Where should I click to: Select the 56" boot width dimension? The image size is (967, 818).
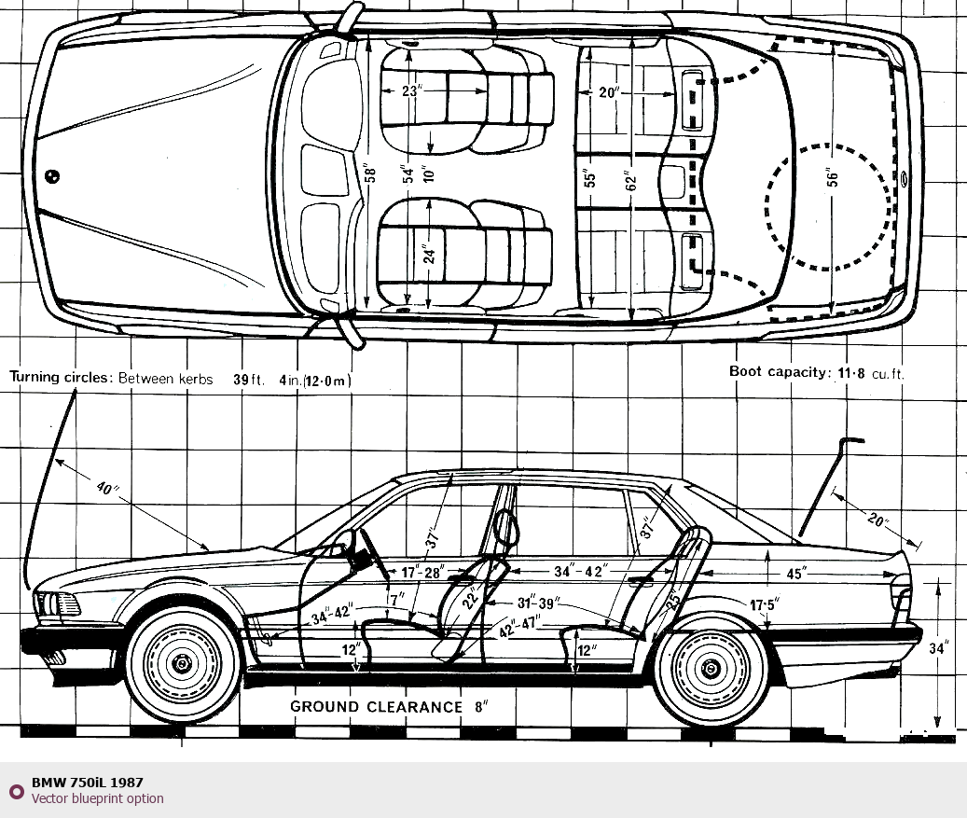click(833, 176)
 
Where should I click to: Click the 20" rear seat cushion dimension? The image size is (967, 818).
click(609, 92)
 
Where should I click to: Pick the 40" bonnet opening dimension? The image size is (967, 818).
click(108, 489)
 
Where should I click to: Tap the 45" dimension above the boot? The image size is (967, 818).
click(794, 575)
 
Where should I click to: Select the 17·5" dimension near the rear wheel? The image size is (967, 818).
click(764, 604)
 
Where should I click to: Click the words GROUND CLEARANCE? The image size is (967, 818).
click(376, 707)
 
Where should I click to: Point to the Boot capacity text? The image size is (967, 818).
click(778, 372)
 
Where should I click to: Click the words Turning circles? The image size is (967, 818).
click(62, 379)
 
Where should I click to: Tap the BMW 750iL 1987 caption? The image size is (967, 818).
click(87, 783)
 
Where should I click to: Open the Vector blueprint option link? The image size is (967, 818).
click(97, 798)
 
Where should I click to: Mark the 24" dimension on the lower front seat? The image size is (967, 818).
click(429, 254)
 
